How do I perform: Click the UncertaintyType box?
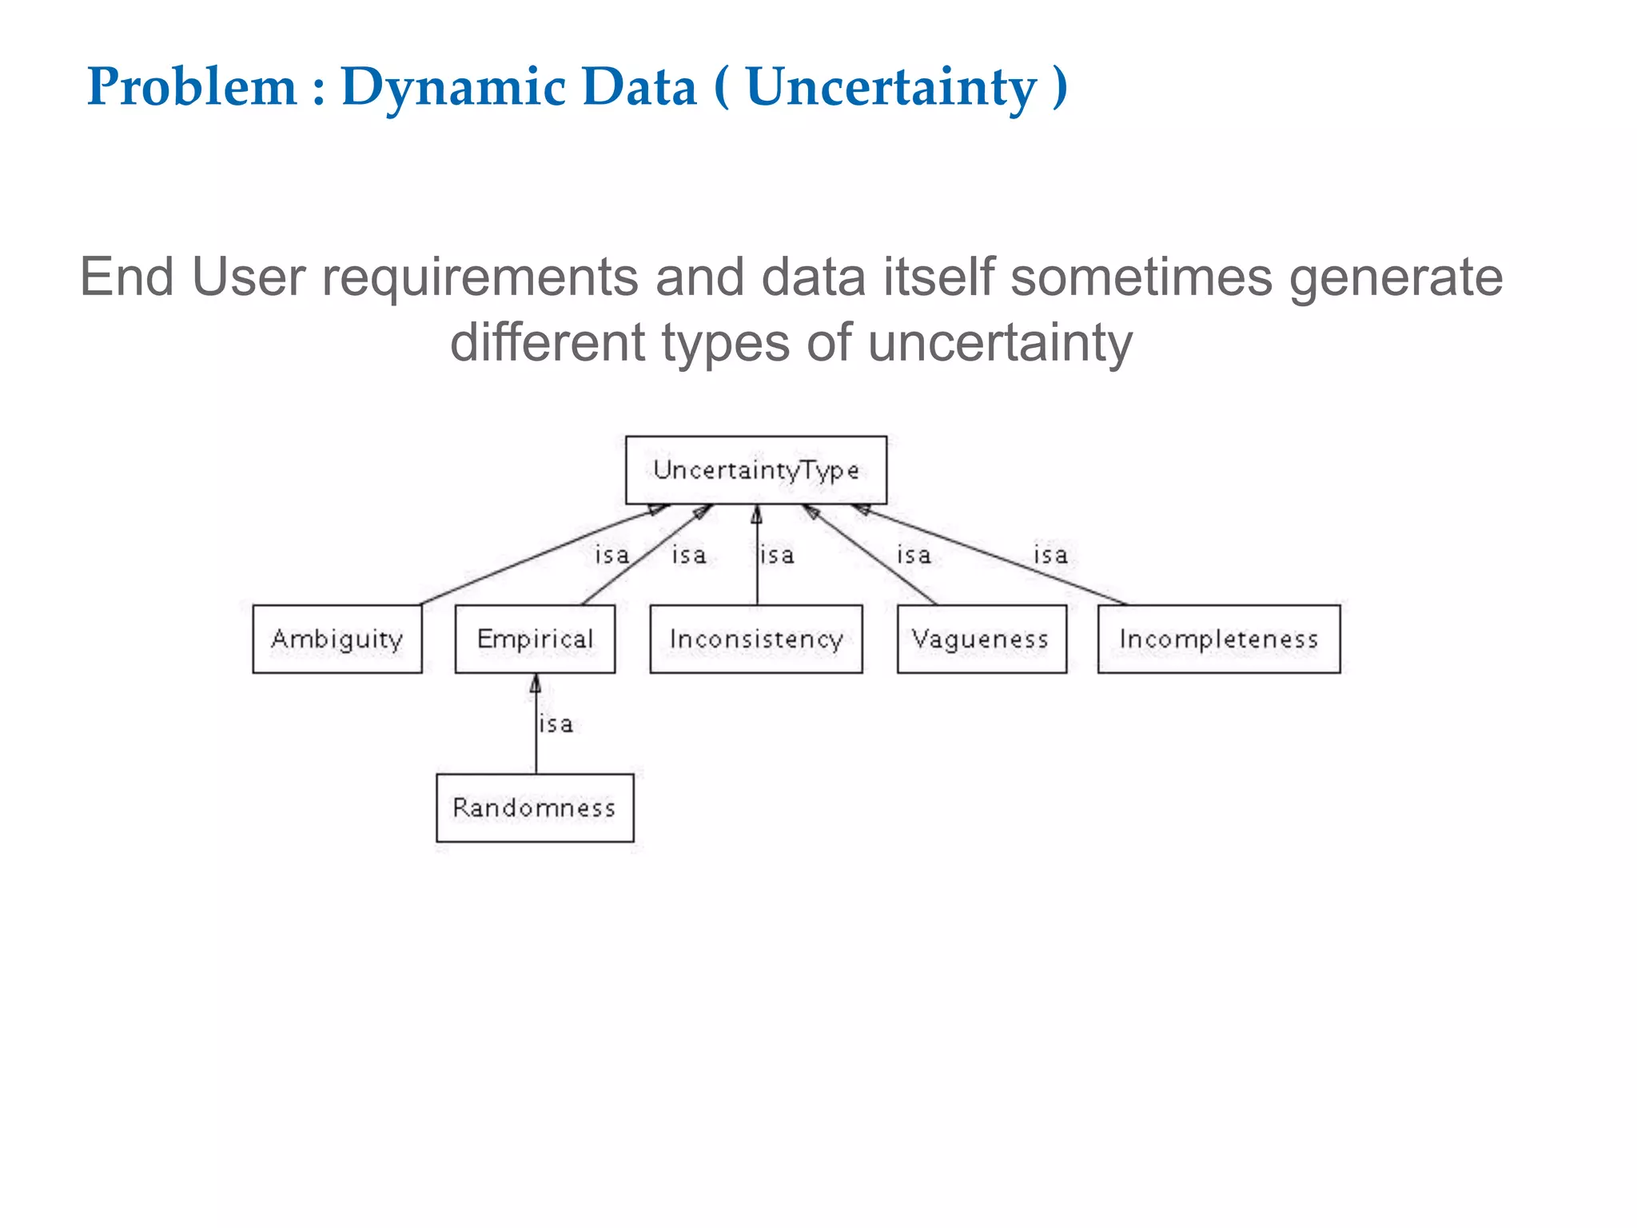tap(755, 470)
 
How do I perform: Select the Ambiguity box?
tap(337, 639)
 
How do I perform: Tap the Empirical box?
tap(535, 639)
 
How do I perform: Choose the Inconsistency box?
tap(756, 639)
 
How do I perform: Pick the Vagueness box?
tap(981, 639)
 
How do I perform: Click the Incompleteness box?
tap(1218, 639)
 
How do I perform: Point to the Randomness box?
tap(535, 807)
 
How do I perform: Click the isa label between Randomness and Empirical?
tap(556, 724)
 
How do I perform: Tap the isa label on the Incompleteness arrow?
tap(1050, 555)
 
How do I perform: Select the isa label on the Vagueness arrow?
tap(914, 555)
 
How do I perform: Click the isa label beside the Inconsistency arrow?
tap(777, 555)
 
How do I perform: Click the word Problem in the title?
tap(192, 86)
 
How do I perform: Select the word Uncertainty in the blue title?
tap(890, 88)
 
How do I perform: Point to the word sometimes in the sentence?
tap(1141, 278)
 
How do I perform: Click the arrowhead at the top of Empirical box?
tap(536, 684)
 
